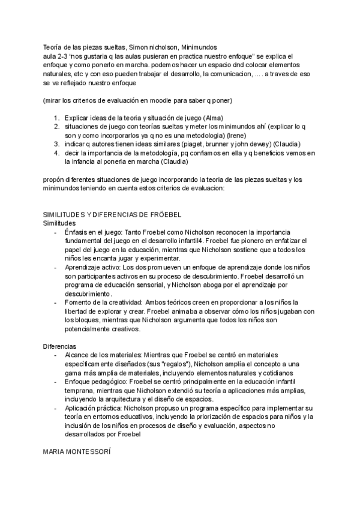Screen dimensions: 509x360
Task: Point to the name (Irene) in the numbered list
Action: (x=227, y=136)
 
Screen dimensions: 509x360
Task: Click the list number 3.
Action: (x=56, y=144)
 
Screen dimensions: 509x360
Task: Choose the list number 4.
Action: (x=56, y=153)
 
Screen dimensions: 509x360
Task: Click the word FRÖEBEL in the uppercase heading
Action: (x=164, y=214)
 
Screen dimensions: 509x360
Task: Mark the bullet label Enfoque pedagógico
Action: (x=97, y=381)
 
